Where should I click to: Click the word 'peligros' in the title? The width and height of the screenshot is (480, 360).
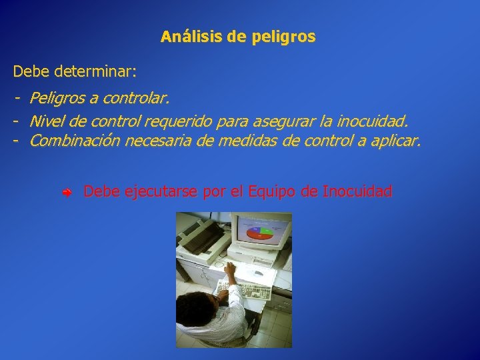[x=284, y=37]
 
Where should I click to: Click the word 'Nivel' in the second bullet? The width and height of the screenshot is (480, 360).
[x=47, y=121]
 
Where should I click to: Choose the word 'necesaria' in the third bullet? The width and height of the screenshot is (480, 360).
[x=152, y=141]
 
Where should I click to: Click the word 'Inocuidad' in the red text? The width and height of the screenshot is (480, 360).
[x=357, y=192]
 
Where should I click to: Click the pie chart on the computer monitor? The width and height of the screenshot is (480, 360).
[x=261, y=233]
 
